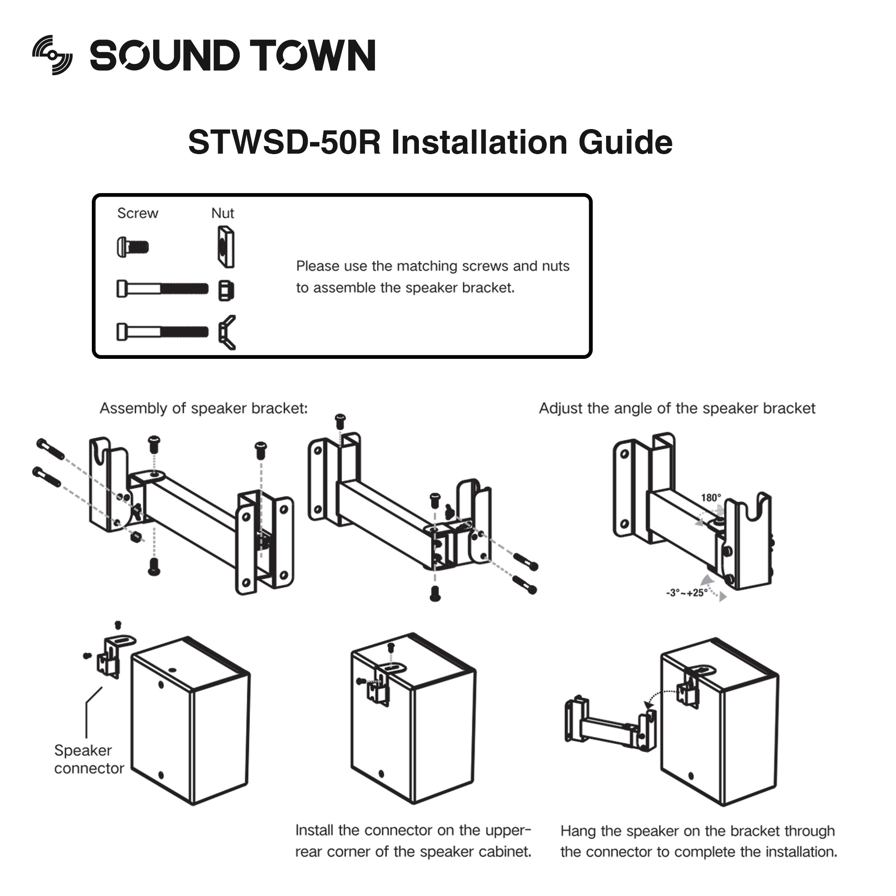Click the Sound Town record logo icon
tap(52, 55)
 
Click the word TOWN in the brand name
tap(312, 56)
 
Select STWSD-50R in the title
tap(284, 142)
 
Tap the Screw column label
tap(138, 213)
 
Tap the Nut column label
tap(223, 213)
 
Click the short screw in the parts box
tap(133, 247)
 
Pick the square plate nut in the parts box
tap(226, 247)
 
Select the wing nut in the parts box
tap(227, 332)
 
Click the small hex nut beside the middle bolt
tap(226, 291)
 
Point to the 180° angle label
tap(711, 498)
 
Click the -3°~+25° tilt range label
tap(687, 593)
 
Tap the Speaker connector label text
tap(89, 759)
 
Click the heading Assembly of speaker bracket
tap(203, 408)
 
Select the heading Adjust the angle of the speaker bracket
tap(676, 408)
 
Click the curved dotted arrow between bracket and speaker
tap(661, 696)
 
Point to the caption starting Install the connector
tap(413, 841)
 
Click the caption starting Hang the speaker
tap(698, 841)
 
